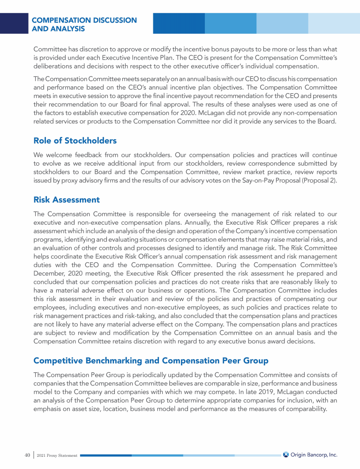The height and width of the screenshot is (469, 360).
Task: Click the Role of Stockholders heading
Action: click(75, 140)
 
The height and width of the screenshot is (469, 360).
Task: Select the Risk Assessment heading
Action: click(67, 199)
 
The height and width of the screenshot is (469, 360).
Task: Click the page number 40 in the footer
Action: click(27, 455)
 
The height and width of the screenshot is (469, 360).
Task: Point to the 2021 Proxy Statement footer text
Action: click(57, 455)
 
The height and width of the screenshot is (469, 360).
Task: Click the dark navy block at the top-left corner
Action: click(14, 23)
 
